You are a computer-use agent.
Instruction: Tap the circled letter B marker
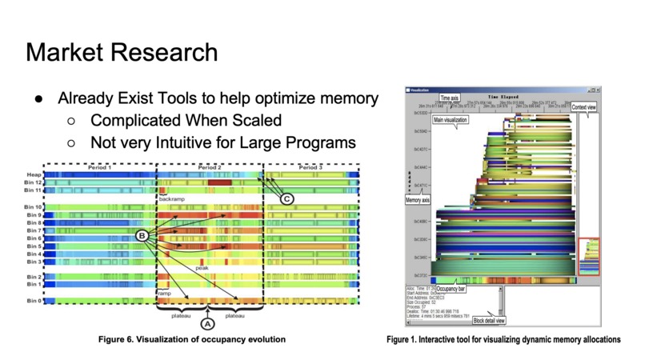(142, 234)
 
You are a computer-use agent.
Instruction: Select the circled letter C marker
(287, 198)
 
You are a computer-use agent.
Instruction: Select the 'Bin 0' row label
(34, 301)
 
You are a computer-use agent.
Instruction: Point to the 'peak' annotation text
(202, 268)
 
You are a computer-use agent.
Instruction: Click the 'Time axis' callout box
(449, 97)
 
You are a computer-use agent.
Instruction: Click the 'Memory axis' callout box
(420, 199)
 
